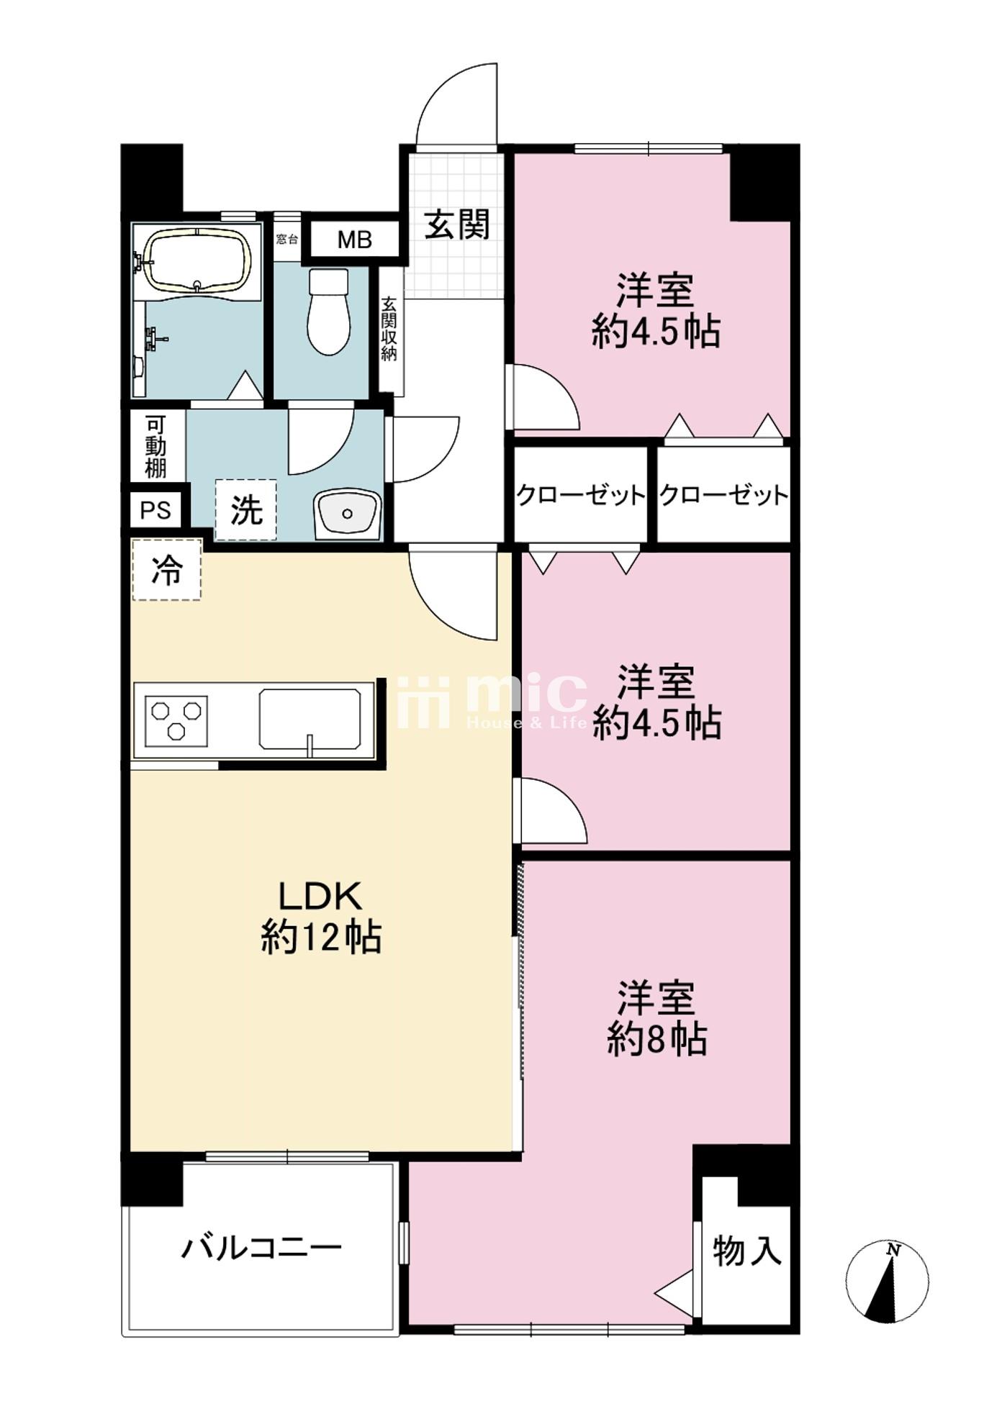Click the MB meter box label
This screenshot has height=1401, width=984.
click(354, 240)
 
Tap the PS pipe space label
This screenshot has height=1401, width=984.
click(155, 509)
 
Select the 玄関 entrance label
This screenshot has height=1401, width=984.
click(456, 225)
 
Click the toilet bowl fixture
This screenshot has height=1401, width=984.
click(328, 311)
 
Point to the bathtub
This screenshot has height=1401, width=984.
click(197, 261)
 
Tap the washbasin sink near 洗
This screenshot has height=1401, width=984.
click(348, 514)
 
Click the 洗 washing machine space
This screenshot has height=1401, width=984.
click(246, 509)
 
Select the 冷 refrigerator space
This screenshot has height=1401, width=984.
click(166, 570)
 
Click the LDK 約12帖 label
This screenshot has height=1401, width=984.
click(321, 917)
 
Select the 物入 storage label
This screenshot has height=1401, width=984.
click(746, 1250)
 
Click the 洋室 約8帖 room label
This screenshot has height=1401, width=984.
click(656, 1017)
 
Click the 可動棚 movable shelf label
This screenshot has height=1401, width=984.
click(156, 446)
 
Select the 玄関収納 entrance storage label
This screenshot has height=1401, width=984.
click(389, 328)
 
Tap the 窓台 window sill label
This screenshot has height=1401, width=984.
click(286, 238)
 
